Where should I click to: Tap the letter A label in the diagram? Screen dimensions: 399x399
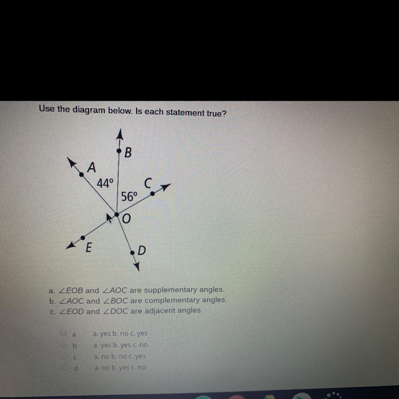pyautogui.click(x=91, y=167)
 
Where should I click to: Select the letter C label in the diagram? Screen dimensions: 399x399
pyautogui.click(x=148, y=183)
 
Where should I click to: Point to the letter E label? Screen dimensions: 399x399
pyautogui.click(x=88, y=248)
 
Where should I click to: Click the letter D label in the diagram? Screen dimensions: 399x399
pyautogui.click(x=142, y=250)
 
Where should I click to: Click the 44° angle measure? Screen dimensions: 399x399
pyautogui.click(x=105, y=183)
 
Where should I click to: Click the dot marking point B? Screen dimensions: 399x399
pyautogui.click(x=119, y=152)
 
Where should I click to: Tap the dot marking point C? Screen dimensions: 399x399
pyautogui.click(x=152, y=194)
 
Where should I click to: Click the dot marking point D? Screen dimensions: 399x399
pyautogui.click(x=133, y=253)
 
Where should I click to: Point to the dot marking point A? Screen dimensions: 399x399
pyautogui.click(x=81, y=173)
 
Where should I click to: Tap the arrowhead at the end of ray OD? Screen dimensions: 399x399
pyautogui.click(x=137, y=267)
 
